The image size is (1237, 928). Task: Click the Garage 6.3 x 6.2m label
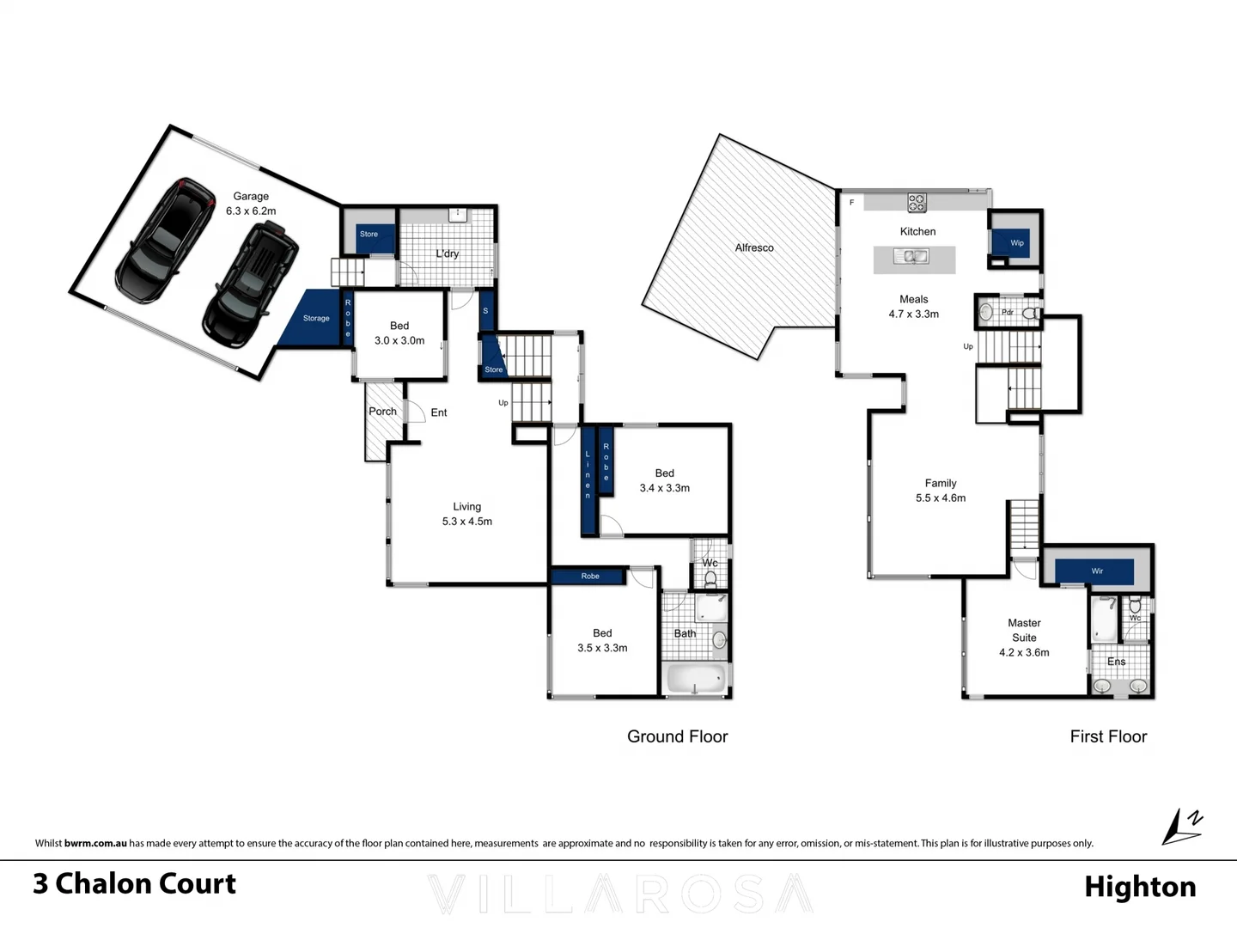pos(251,204)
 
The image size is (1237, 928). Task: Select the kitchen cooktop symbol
pos(917,203)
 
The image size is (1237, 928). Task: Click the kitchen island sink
pos(911,256)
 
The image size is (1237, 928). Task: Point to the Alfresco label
pos(754,247)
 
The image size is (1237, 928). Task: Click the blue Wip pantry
pos(1016,242)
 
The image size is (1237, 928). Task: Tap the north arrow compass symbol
pos(1182,827)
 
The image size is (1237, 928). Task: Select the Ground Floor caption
pos(677,736)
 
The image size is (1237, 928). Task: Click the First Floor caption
pos(1108,736)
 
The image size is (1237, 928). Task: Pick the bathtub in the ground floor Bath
pos(696,679)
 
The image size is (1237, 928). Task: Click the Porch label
pos(382,412)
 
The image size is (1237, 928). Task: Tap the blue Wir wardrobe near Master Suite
pos(1095,571)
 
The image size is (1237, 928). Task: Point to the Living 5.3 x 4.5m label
pos(467,514)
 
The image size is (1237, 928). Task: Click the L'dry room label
pos(447,253)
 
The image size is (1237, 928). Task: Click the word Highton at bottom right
pos(1140,887)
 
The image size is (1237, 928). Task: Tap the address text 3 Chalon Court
pos(135,884)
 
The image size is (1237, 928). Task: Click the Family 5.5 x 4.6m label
pos(941,491)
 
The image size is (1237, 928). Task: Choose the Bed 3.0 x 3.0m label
pos(399,333)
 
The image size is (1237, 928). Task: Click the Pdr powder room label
pos(1008,312)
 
